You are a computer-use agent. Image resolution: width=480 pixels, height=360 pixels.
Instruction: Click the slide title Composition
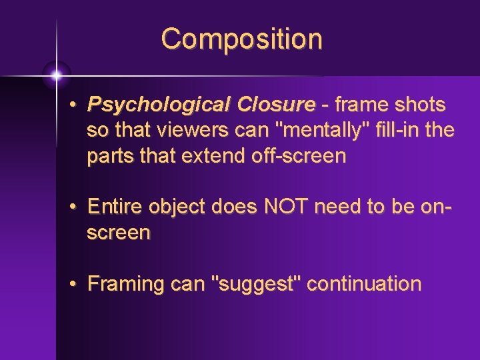[241, 39]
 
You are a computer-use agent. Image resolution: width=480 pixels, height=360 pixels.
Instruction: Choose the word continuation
[364, 284]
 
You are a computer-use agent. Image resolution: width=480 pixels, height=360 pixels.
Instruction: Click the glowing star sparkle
[56, 75]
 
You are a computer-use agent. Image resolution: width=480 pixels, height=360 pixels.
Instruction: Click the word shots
[419, 105]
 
